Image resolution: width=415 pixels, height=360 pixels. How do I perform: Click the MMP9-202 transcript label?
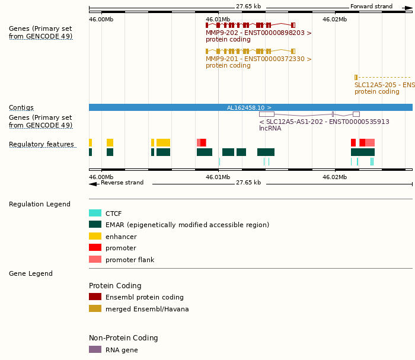(x=258, y=33)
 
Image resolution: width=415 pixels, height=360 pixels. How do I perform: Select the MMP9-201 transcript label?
(x=258, y=59)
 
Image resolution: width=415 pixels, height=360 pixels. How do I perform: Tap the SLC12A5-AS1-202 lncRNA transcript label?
(x=324, y=122)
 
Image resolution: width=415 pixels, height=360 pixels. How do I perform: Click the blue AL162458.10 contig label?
(x=249, y=108)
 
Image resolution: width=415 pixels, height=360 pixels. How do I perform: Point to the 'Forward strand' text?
(x=371, y=7)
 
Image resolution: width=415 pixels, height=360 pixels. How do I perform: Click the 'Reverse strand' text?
(x=122, y=183)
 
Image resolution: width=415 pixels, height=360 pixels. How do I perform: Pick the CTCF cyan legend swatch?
(x=95, y=213)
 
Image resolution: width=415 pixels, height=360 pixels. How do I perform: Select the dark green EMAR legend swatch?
(x=95, y=225)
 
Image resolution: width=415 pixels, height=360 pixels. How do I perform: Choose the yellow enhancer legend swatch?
(x=95, y=237)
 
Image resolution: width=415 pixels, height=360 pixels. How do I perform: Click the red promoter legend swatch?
(x=95, y=248)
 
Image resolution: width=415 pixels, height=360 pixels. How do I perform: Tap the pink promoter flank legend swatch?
(x=95, y=260)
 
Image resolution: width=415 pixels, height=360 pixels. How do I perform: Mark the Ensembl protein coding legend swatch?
(x=95, y=297)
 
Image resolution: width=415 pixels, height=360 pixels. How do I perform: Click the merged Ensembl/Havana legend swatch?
(x=95, y=309)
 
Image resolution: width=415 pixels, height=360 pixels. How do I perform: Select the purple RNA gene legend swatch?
(x=95, y=350)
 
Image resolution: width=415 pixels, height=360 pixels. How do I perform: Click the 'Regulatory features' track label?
(x=41, y=145)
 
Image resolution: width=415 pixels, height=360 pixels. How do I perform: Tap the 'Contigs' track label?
(x=21, y=108)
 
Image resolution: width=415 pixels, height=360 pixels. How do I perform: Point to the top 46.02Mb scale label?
(x=334, y=20)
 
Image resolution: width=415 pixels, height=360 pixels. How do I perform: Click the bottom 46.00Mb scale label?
(x=101, y=177)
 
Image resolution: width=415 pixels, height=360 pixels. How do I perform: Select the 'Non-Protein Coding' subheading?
(x=123, y=338)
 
